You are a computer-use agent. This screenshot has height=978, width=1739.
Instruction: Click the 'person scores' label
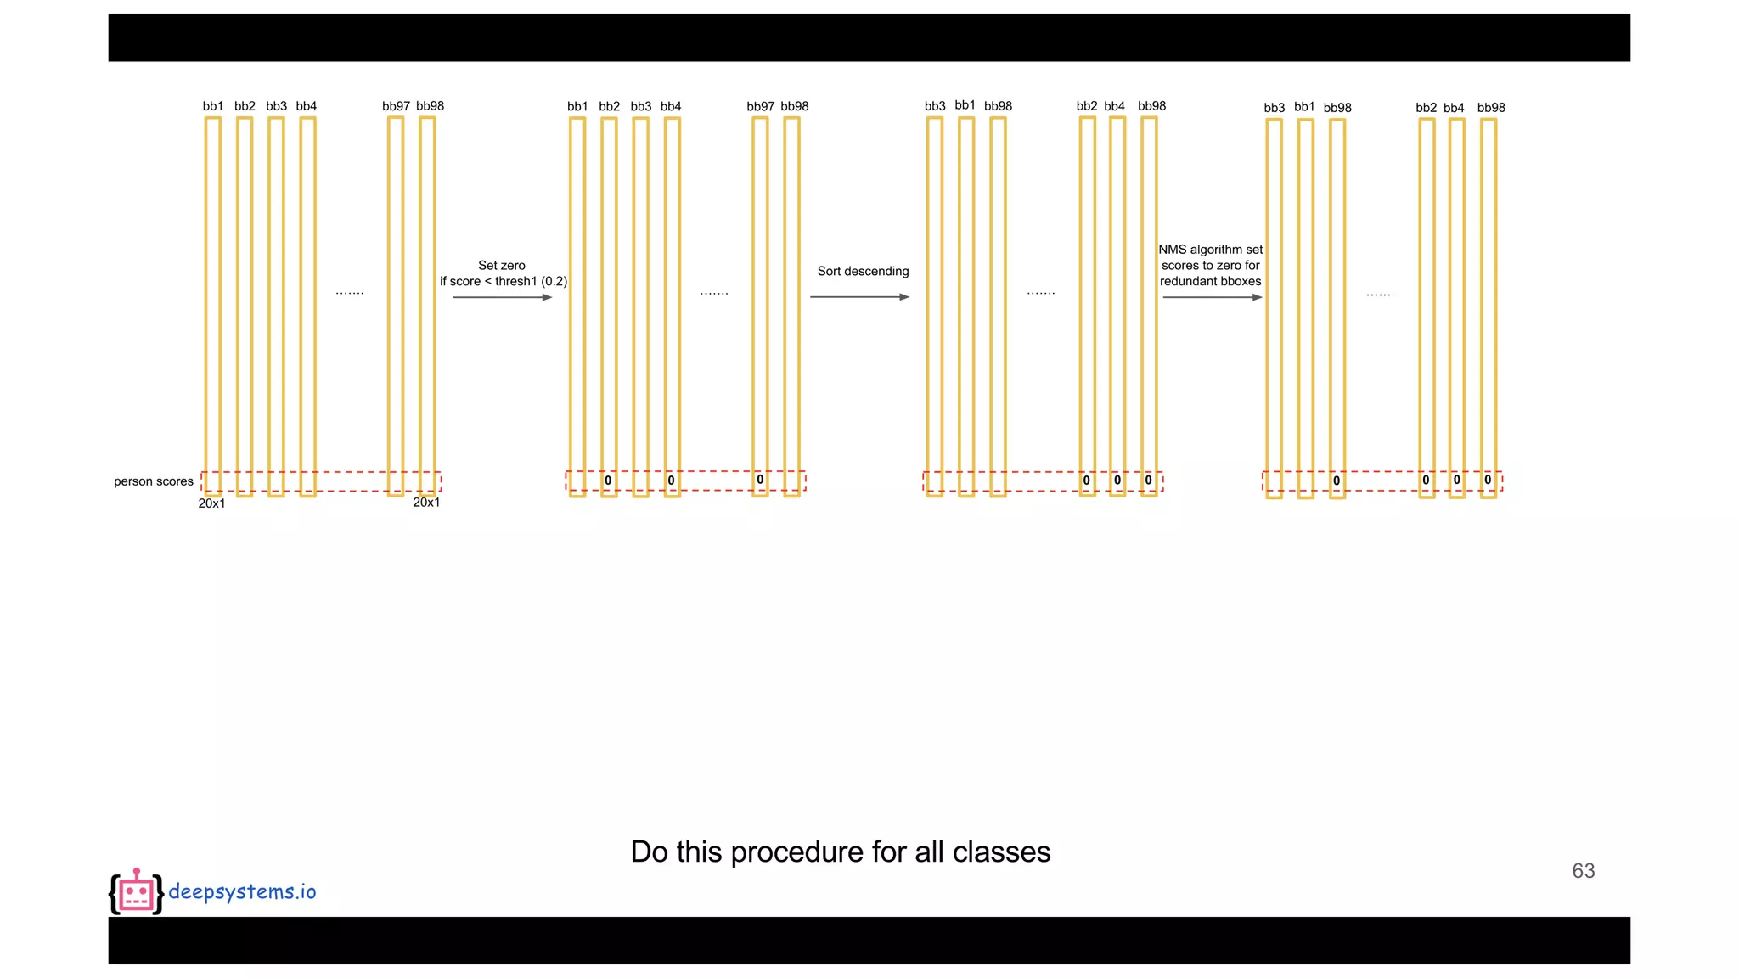(154, 481)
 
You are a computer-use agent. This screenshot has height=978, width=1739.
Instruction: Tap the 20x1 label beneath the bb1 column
(211, 503)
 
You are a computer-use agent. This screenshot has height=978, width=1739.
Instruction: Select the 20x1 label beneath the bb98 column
(426, 503)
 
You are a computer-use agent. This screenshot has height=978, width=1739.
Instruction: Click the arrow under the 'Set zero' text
(502, 297)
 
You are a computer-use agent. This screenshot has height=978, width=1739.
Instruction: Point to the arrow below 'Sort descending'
(859, 297)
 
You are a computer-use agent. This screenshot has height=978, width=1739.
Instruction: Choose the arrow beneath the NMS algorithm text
(1212, 297)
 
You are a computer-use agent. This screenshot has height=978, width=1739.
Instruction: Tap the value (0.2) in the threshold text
(554, 281)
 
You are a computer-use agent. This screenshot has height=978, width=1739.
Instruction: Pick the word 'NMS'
(1172, 250)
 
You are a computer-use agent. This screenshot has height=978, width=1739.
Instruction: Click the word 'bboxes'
(1241, 281)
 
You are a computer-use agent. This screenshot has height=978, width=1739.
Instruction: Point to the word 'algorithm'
(1216, 250)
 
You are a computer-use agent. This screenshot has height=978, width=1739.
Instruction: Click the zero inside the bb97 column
(760, 480)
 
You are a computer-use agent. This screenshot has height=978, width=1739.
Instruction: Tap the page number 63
(1583, 871)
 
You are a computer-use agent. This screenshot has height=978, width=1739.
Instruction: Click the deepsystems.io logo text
(242, 891)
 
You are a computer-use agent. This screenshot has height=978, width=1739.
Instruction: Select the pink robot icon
(136, 892)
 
